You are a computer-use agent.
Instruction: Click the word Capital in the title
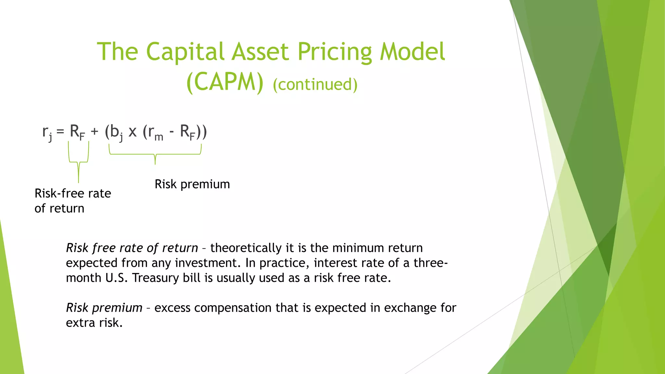[185, 52]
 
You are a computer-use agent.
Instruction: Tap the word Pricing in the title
[334, 52]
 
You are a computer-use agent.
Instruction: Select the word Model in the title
[412, 52]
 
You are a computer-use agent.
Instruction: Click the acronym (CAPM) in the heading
[225, 82]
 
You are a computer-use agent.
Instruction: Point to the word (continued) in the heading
[315, 84]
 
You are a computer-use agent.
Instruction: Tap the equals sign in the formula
[60, 131]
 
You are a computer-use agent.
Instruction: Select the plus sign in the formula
[94, 131]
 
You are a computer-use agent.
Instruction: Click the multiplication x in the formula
[132, 132]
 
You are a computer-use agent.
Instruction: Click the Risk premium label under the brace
[192, 184]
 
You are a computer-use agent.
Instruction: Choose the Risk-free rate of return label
[73, 201]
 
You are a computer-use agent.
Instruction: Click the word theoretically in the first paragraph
[245, 248]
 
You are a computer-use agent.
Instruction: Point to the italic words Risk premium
[104, 308]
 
